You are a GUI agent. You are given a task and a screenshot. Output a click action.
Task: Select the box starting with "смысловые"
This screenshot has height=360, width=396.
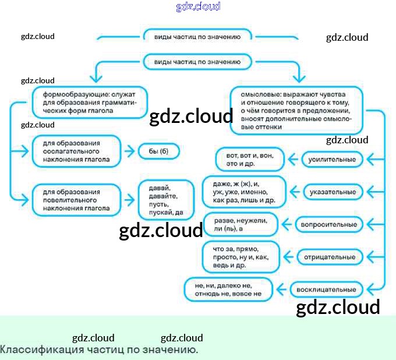pos(296,110)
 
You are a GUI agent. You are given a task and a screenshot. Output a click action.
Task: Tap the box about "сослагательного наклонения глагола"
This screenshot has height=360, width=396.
pos(76,152)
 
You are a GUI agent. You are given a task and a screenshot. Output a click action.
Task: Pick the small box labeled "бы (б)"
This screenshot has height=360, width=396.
pos(158,152)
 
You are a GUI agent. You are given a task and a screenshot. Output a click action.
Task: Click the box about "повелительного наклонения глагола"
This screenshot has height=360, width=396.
pos(76,199)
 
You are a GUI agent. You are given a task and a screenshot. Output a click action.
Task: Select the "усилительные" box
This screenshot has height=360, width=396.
pos(332,159)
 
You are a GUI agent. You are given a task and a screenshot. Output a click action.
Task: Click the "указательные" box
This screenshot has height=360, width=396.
pos(332,191)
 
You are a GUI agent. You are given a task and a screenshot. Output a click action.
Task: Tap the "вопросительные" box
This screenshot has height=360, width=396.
pos(332,224)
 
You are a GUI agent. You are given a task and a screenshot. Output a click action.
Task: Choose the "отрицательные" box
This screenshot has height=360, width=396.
pos(332,256)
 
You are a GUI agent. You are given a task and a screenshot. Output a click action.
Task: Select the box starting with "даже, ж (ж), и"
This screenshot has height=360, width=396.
pos(245,191)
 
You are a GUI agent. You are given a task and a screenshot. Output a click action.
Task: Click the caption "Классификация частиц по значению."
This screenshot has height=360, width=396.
pos(99,350)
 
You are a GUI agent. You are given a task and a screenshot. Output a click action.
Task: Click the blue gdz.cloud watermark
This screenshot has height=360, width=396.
pos(198,7)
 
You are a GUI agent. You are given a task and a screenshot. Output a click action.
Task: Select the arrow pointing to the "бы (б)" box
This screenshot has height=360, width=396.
pos(130,152)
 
